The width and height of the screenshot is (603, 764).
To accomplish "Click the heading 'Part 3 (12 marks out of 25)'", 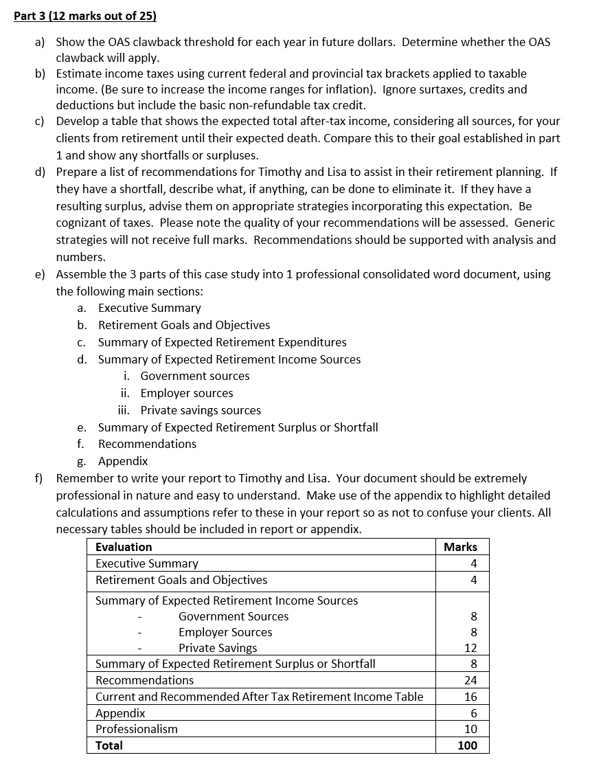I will [85, 15].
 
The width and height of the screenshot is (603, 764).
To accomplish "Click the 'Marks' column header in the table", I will [460, 547].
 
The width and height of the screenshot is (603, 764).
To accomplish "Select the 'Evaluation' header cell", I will [124, 547].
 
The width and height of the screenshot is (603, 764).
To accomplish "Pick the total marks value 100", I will [467, 745].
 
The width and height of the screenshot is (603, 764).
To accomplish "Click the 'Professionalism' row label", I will [136, 729].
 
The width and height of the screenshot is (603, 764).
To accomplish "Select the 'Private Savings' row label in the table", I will [218, 648].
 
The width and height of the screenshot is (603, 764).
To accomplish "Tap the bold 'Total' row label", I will [109, 745].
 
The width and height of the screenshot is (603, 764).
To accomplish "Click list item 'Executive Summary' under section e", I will [149, 308].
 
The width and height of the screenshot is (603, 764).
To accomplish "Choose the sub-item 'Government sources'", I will [195, 376].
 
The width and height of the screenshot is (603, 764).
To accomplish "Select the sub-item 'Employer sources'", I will [187, 393].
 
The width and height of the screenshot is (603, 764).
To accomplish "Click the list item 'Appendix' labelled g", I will [123, 461].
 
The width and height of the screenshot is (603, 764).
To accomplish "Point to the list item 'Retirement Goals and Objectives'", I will [184, 325].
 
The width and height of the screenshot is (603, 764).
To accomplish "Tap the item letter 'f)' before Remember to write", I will [41, 478].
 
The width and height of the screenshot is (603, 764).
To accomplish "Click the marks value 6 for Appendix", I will [473, 713].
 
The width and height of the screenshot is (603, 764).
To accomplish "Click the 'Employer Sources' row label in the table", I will [225, 632].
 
